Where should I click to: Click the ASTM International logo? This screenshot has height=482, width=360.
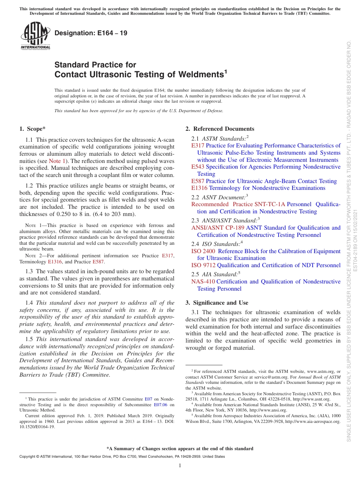click(35, 36)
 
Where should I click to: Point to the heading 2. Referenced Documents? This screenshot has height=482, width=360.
click(220, 129)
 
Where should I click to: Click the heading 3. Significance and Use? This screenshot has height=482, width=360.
click(217, 303)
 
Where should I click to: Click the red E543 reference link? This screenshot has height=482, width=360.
click(198, 167)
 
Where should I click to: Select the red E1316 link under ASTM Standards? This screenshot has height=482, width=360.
click(199, 188)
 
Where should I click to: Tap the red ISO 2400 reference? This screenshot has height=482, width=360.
click(203, 251)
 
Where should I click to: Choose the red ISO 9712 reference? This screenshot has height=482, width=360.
click(203, 265)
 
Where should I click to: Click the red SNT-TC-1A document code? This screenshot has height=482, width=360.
click(269, 204)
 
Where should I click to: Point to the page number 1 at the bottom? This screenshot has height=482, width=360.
click(180, 466)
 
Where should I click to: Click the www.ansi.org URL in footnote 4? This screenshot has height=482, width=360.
click(274, 410)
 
